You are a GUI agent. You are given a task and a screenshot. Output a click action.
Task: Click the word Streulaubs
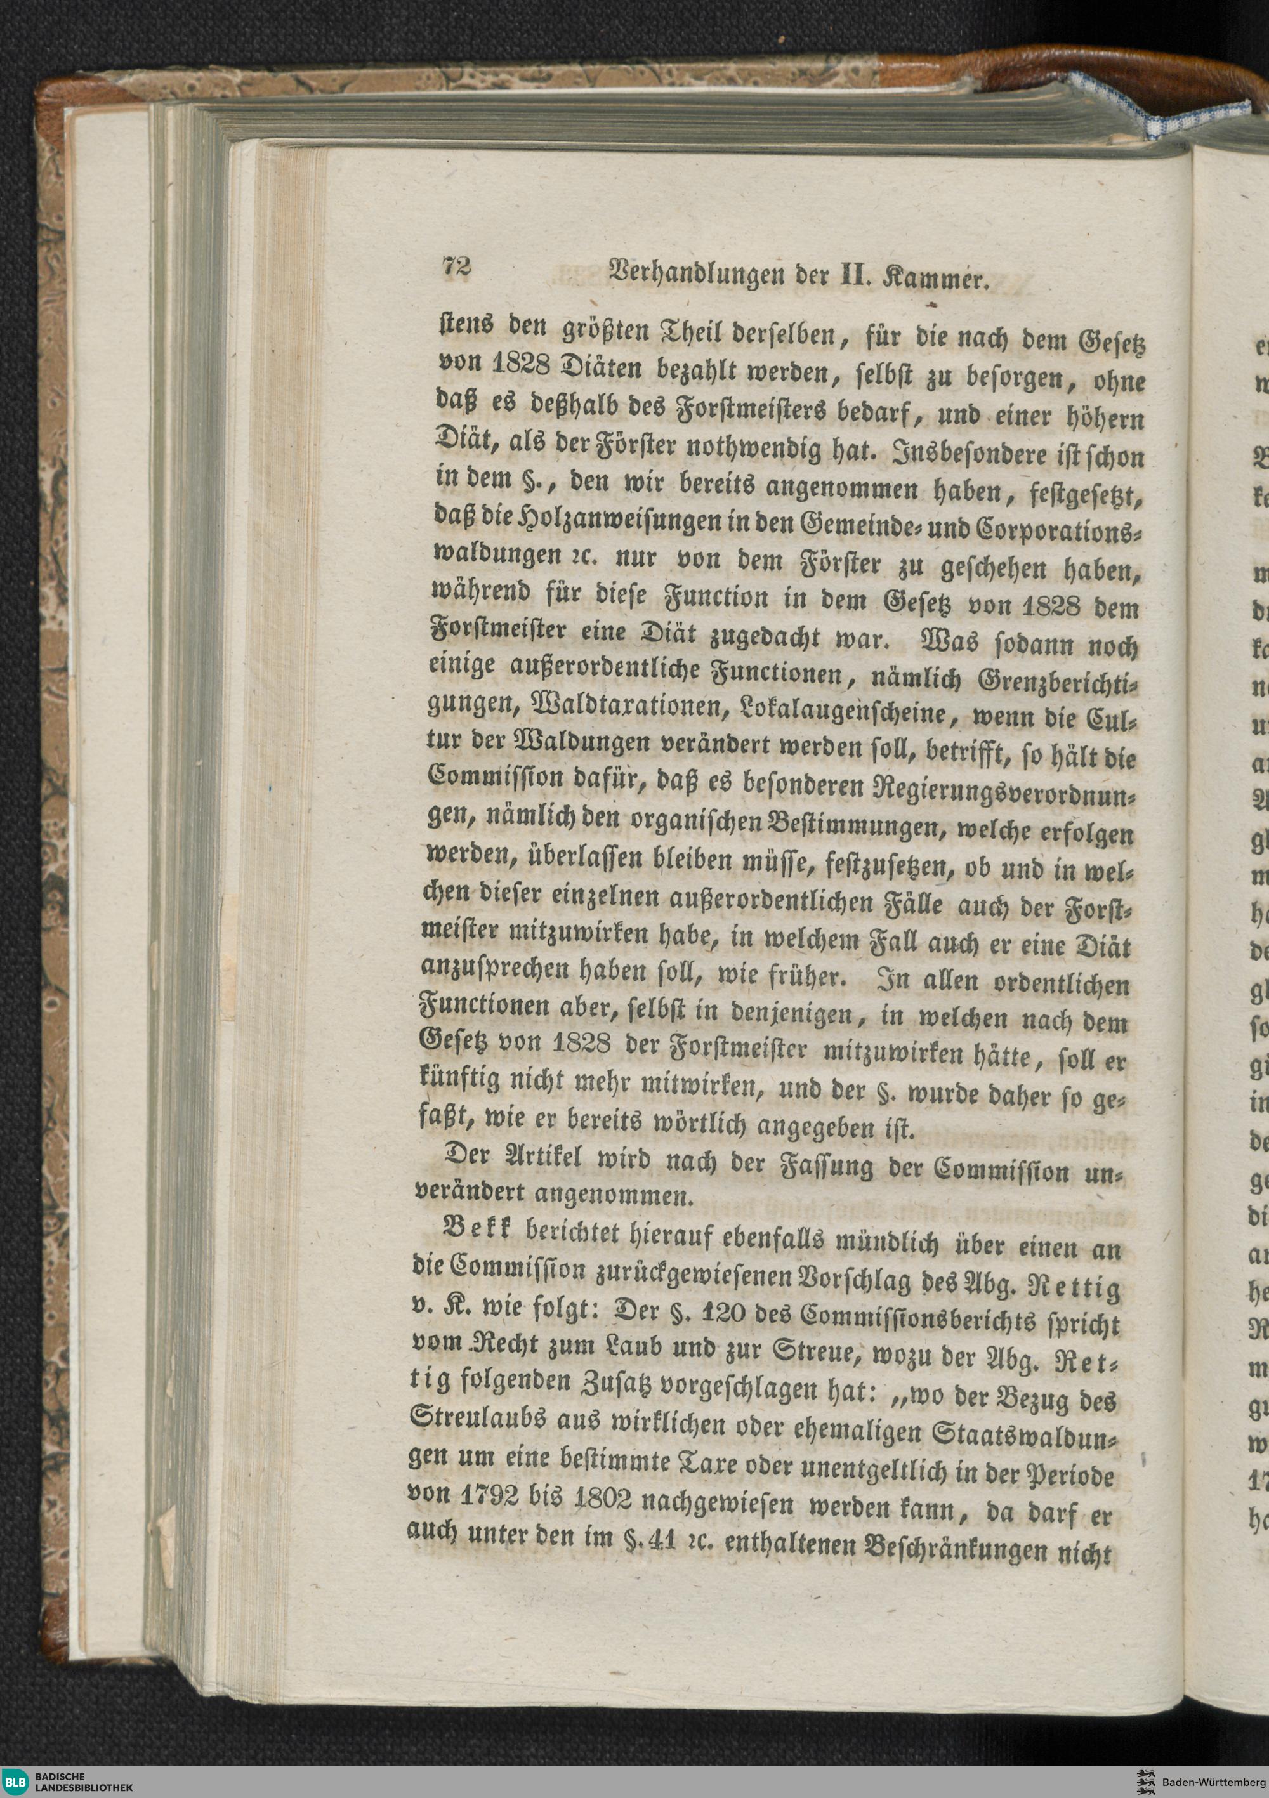pos(481,1440)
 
